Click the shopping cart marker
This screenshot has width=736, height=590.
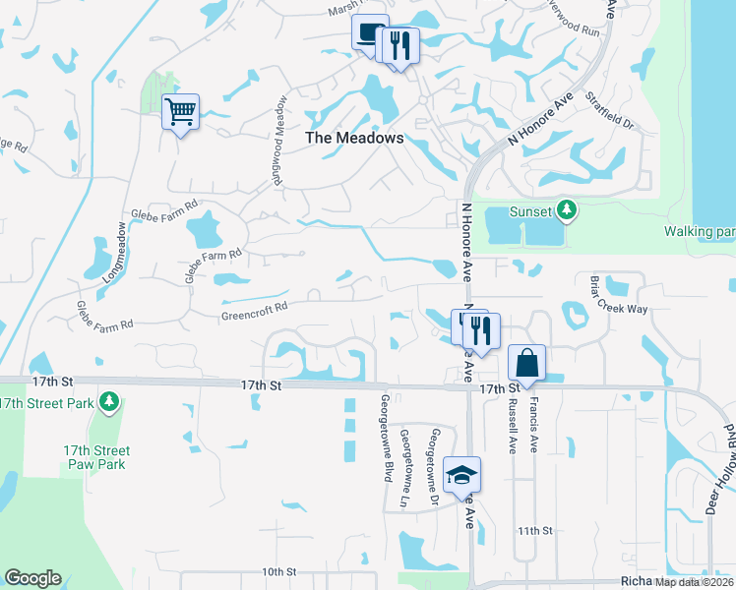coord(181,111)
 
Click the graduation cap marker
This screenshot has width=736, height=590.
coord(461,476)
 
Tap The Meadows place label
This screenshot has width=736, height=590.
coord(354,139)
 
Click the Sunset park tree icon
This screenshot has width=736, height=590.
coord(566,210)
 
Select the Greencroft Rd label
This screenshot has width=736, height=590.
coord(254,306)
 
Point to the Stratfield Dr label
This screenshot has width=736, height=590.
coord(609,112)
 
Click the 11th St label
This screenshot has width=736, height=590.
coord(535,530)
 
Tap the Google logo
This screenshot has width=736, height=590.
coord(32,578)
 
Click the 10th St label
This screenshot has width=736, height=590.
coord(279,571)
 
